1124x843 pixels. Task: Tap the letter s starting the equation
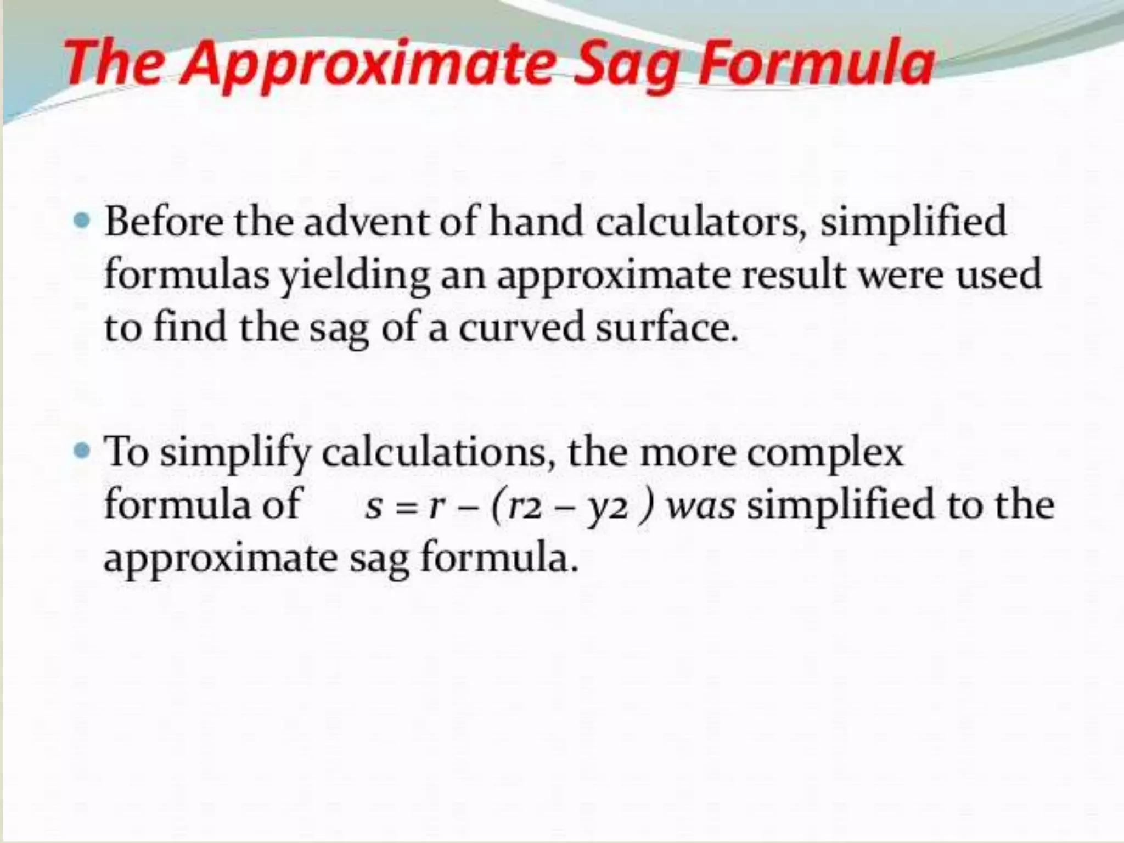click(374, 507)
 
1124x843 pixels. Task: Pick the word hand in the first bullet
click(536, 222)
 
